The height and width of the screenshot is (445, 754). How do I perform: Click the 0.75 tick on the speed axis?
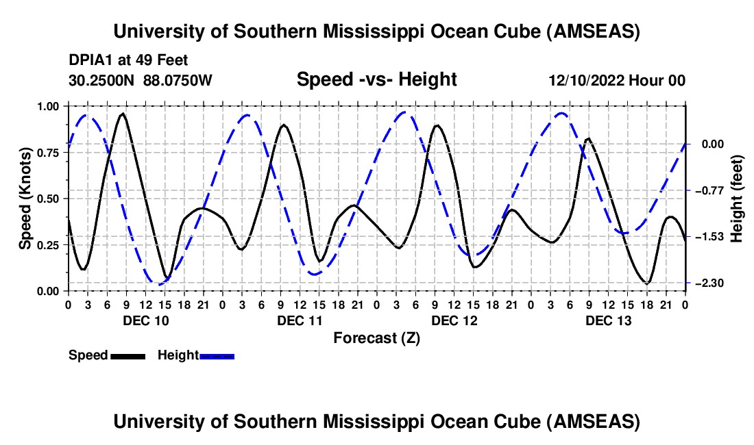coord(49,153)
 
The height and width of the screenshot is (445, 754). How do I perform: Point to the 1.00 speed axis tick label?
coord(49,106)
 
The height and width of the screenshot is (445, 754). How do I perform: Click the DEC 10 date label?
coord(145,320)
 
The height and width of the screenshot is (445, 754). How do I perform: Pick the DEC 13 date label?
coord(608,320)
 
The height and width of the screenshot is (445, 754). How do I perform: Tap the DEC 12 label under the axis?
coord(454,320)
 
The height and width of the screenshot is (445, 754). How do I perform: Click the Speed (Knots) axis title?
coord(25,198)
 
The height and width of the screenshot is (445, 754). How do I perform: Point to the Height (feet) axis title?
coord(737,198)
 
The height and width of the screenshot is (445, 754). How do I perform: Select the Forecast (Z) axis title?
coord(376,338)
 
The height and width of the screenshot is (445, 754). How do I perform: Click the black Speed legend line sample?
coord(127,355)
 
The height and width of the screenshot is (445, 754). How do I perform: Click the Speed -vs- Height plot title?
coord(376,79)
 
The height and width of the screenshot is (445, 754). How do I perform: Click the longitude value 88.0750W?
coord(178,81)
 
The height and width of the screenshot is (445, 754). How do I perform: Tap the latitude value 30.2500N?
coord(101,81)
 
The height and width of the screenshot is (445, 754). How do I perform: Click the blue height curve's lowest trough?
coord(159,284)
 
